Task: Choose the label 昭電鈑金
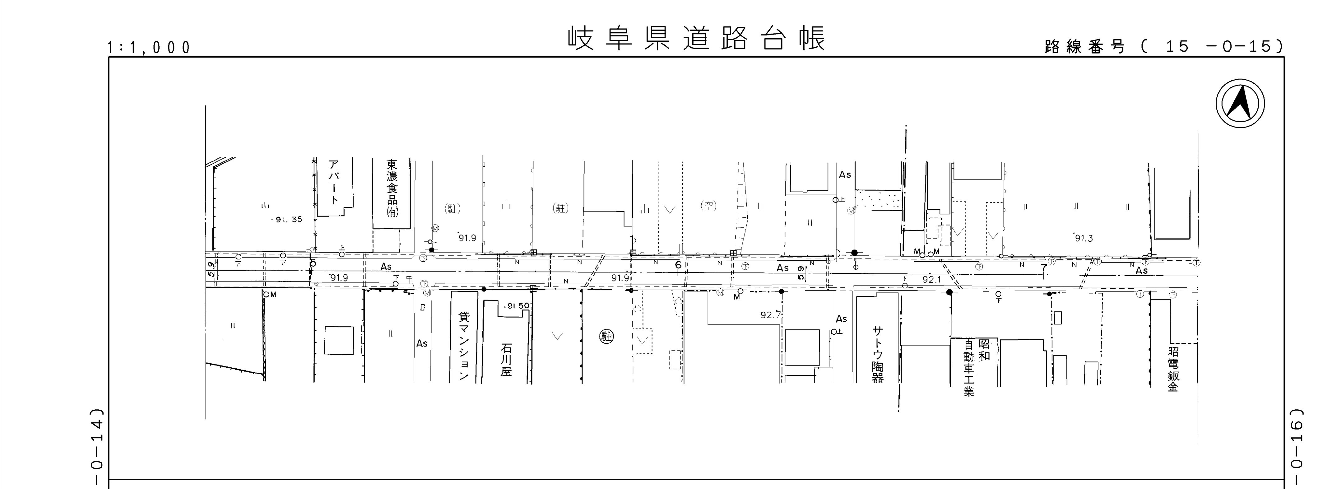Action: [x=1173, y=369]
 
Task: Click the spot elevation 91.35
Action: [x=287, y=220]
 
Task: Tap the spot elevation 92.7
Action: [x=770, y=314]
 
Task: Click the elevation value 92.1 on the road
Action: [x=932, y=279]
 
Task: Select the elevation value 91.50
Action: [x=517, y=306]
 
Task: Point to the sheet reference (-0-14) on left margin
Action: [x=97, y=446]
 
